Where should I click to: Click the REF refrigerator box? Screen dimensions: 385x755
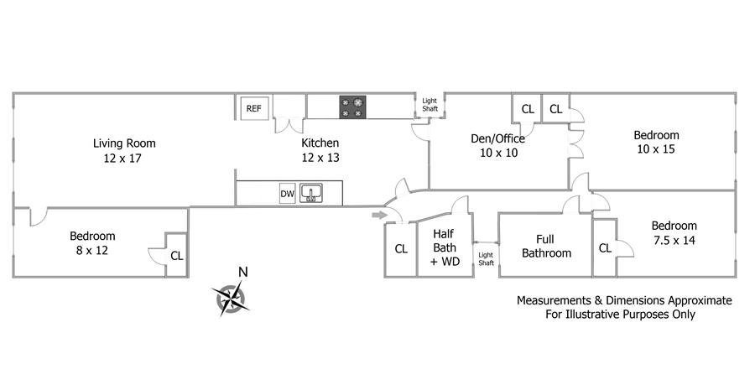pyautogui.click(x=253, y=108)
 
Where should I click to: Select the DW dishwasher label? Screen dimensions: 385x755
pyautogui.click(x=287, y=195)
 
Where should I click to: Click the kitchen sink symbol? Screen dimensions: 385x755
pyautogui.click(x=311, y=194)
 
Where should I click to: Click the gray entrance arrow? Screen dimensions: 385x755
pyautogui.click(x=379, y=217)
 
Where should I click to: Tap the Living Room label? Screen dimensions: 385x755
pyautogui.click(x=124, y=143)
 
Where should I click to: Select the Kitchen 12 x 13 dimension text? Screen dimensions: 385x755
pyautogui.click(x=320, y=158)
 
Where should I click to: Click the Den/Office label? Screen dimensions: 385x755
pyautogui.click(x=497, y=138)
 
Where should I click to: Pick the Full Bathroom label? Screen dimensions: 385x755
pyautogui.click(x=546, y=246)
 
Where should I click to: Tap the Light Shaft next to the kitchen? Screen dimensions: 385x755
pyautogui.click(x=430, y=105)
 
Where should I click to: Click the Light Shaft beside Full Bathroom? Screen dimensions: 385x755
pyautogui.click(x=486, y=258)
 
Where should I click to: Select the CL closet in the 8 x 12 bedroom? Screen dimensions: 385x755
pyautogui.click(x=176, y=256)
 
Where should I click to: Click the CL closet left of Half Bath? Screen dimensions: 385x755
pyautogui.click(x=401, y=249)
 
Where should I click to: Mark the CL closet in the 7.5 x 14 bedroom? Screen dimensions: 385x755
pyautogui.click(x=605, y=247)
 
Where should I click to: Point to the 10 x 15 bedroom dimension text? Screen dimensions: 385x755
pyautogui.click(x=656, y=149)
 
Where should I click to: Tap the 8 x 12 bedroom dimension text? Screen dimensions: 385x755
pyautogui.click(x=92, y=250)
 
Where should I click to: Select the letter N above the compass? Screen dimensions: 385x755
pyautogui.click(x=242, y=271)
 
